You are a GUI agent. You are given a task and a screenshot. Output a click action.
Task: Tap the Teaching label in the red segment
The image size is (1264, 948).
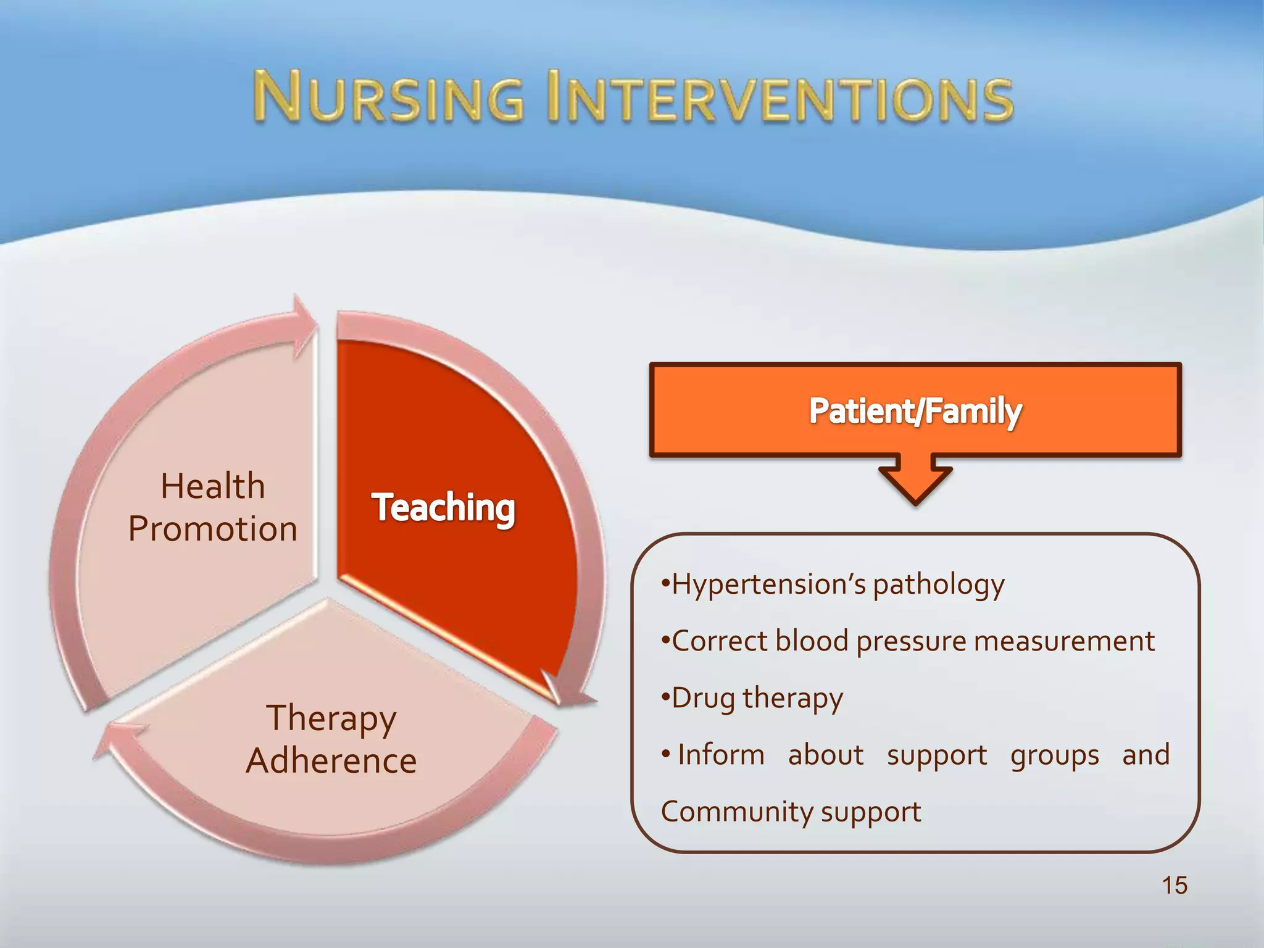point(443,508)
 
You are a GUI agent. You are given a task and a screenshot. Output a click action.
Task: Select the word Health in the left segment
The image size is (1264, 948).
point(213,486)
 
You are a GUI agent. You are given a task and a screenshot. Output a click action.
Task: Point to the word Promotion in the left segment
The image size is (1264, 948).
point(213,530)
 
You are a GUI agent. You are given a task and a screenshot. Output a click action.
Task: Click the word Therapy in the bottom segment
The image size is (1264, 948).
point(331,719)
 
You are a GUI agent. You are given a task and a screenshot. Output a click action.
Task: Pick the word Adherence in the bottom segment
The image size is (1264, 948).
point(331,761)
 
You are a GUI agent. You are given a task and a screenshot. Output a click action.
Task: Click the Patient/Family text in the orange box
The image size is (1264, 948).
point(915,411)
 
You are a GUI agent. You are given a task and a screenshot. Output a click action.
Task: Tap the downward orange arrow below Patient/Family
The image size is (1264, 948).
point(916,481)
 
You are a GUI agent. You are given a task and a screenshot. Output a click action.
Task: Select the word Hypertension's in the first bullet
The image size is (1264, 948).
point(768,584)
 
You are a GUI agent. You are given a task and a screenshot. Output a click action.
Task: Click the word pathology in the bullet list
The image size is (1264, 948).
point(939,585)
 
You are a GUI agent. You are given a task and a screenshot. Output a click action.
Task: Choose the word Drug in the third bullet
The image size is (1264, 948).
point(703,699)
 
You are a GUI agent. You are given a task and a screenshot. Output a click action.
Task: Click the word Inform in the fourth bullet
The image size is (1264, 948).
point(721,755)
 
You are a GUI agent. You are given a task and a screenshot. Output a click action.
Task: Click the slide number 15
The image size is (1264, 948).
point(1174,885)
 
